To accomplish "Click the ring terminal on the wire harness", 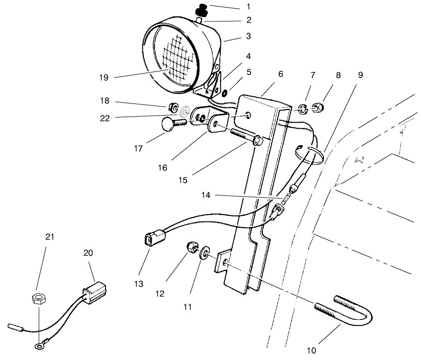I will click(x=38, y=346).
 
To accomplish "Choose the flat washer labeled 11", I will click(x=204, y=255).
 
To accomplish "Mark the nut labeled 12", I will click(x=192, y=247).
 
